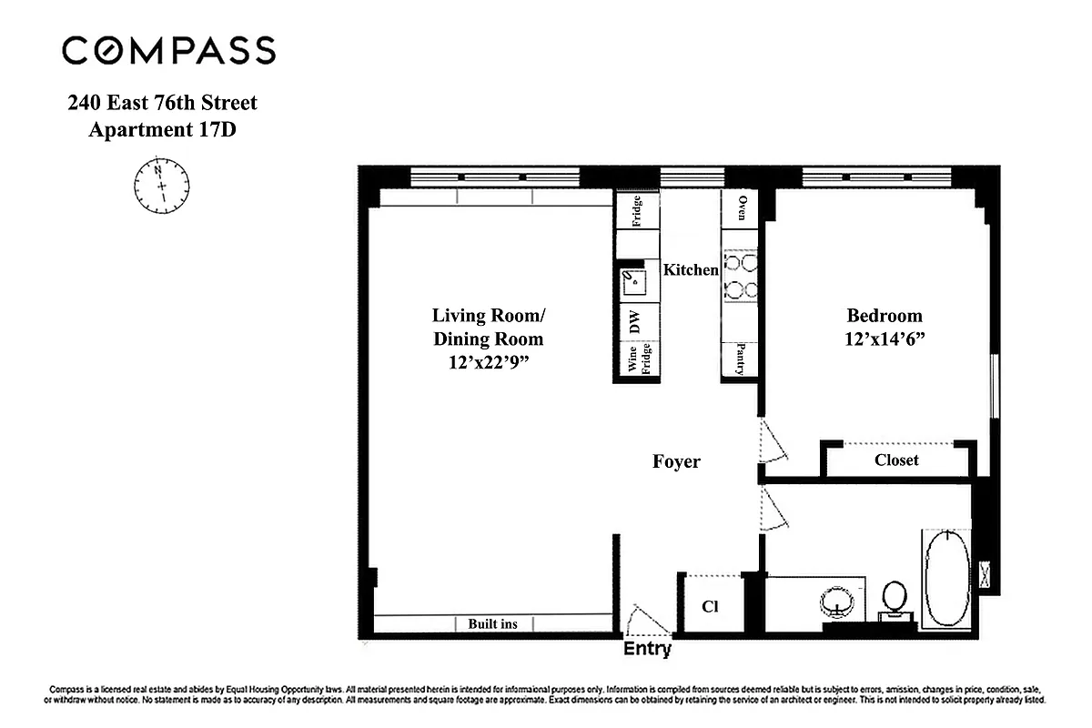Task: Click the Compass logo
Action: point(168,50)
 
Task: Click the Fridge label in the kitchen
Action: point(637,211)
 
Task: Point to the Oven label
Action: point(742,208)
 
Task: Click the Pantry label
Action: point(742,359)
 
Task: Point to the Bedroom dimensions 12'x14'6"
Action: point(885,339)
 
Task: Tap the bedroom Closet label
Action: point(896,460)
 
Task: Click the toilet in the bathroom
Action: point(895,599)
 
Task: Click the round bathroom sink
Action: point(836,602)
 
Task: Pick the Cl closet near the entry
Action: point(711,606)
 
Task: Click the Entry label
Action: point(647,649)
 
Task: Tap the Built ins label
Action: point(492,624)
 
